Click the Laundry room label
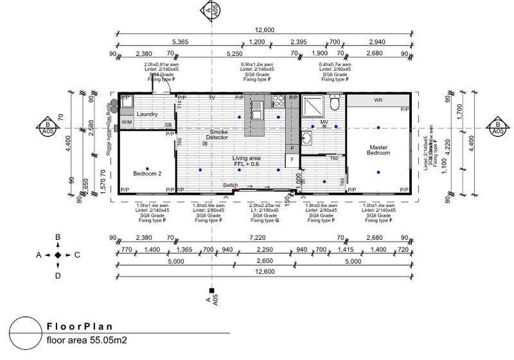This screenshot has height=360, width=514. click(x=147, y=114)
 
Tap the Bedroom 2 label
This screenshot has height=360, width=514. click(x=147, y=174)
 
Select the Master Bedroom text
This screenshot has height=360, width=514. click(x=378, y=149)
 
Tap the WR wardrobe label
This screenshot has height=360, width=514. click(x=378, y=101)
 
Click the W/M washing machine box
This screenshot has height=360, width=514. click(x=127, y=122)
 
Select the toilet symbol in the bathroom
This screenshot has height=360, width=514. click(x=334, y=104)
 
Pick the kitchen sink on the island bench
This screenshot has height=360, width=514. click(x=257, y=106)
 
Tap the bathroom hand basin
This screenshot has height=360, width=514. click(x=306, y=139)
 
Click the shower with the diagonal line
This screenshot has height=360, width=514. click(x=315, y=106)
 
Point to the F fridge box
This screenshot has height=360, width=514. click(x=292, y=159)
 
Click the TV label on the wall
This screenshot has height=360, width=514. click(x=211, y=98)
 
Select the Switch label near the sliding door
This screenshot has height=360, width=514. click(x=230, y=186)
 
